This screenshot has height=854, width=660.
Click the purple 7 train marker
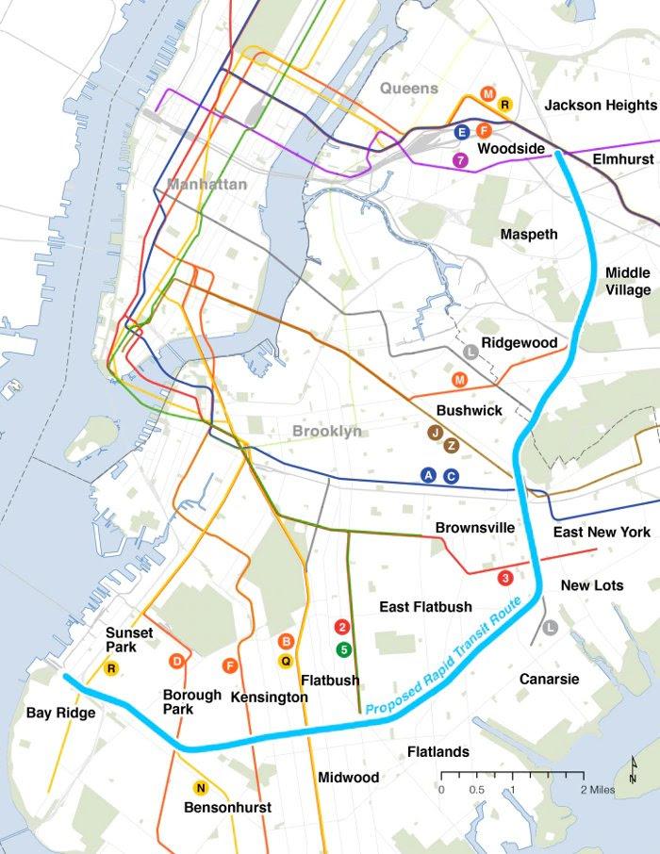coord(461,160)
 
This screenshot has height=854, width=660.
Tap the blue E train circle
coord(462,132)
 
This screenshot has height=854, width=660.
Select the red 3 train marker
coord(505,577)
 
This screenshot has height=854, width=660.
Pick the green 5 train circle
coord(344,649)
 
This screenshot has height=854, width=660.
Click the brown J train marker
coord(435,433)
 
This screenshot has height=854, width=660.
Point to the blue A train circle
coord(429,475)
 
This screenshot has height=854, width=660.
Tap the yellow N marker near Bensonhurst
coord(200,788)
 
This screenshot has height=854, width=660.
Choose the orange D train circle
coord(175,661)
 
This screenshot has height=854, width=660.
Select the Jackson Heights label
coord(600,106)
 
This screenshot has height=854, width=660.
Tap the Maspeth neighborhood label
coord(529,234)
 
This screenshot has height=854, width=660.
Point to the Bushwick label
coord(470,411)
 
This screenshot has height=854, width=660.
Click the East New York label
coord(602,533)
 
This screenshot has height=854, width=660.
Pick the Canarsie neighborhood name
coord(549,679)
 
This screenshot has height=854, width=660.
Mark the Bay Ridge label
coord(61,714)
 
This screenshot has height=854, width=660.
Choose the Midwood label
coord(349,778)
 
